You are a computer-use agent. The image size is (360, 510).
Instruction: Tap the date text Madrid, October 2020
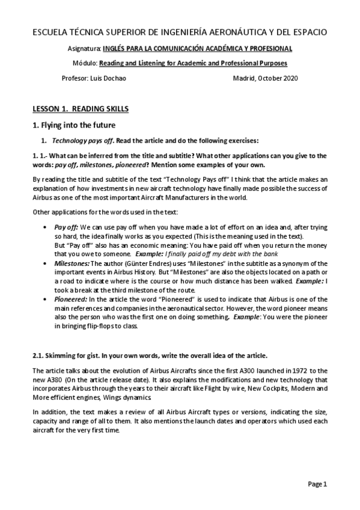pyautogui.click(x=265, y=78)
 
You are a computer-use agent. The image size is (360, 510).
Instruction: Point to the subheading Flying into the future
pyautogui.click(x=77, y=125)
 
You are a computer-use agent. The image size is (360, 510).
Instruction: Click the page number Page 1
pyautogui.click(x=317, y=484)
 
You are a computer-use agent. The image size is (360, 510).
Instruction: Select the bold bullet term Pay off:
pyautogui.click(x=66, y=228)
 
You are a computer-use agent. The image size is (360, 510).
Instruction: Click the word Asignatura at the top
pyautogui.click(x=84, y=48)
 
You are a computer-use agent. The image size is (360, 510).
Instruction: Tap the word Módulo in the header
pyautogui.click(x=85, y=63)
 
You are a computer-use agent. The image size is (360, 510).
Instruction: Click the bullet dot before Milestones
pyautogui.click(x=47, y=263)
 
